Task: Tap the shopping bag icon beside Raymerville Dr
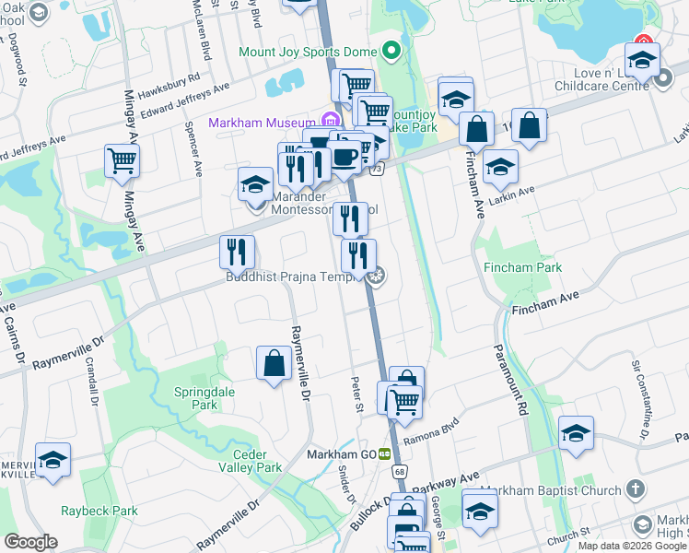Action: [274, 362]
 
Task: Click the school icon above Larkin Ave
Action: [500, 167]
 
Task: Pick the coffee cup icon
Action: [345, 156]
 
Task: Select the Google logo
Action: [31, 543]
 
